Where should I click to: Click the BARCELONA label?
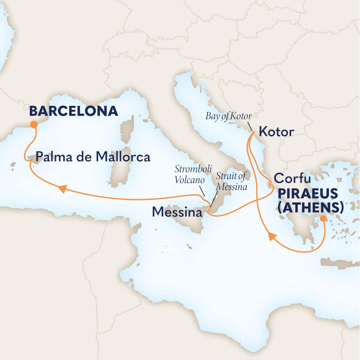point(73,111)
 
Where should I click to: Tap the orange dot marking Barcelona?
point(34,124)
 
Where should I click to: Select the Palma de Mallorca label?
point(93,157)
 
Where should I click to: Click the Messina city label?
point(177,212)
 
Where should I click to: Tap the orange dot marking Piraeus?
point(323,219)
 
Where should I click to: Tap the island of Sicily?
point(190,221)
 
